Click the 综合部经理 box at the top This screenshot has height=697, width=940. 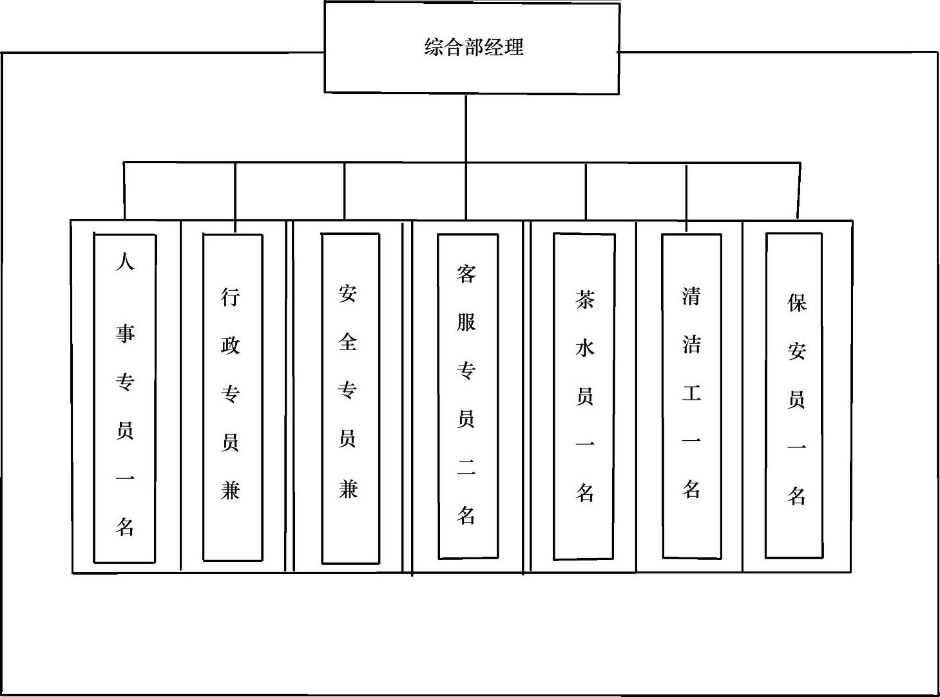point(472,48)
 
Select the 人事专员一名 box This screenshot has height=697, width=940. point(125,398)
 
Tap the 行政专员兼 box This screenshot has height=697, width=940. point(233,397)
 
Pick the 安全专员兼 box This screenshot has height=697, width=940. point(350,398)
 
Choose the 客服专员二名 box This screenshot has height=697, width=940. point(468,396)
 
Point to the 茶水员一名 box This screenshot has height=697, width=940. point(584,396)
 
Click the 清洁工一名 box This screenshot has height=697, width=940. point(691,396)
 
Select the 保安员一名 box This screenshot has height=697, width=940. point(794,395)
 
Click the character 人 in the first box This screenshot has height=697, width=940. point(125,261)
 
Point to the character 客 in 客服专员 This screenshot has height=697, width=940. point(466,274)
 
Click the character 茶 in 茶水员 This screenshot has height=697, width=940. point(584,299)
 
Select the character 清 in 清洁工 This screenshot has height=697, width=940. point(691,295)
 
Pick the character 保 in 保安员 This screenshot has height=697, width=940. point(797,302)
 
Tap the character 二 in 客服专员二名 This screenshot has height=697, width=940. point(466,468)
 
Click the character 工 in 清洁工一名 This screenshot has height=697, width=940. point(691,393)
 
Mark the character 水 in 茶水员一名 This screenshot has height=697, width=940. point(584,348)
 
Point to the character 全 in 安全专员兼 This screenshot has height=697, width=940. point(348,342)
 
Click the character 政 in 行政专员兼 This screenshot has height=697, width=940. point(231,345)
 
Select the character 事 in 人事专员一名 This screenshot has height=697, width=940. point(125,333)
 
